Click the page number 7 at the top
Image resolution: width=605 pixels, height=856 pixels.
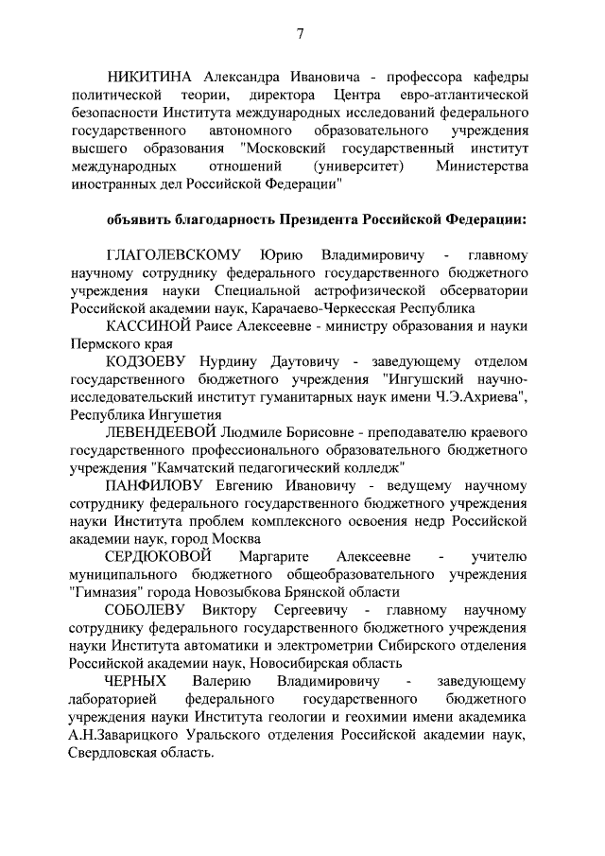(x=300, y=34)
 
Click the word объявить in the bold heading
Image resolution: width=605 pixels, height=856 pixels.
(x=140, y=219)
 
